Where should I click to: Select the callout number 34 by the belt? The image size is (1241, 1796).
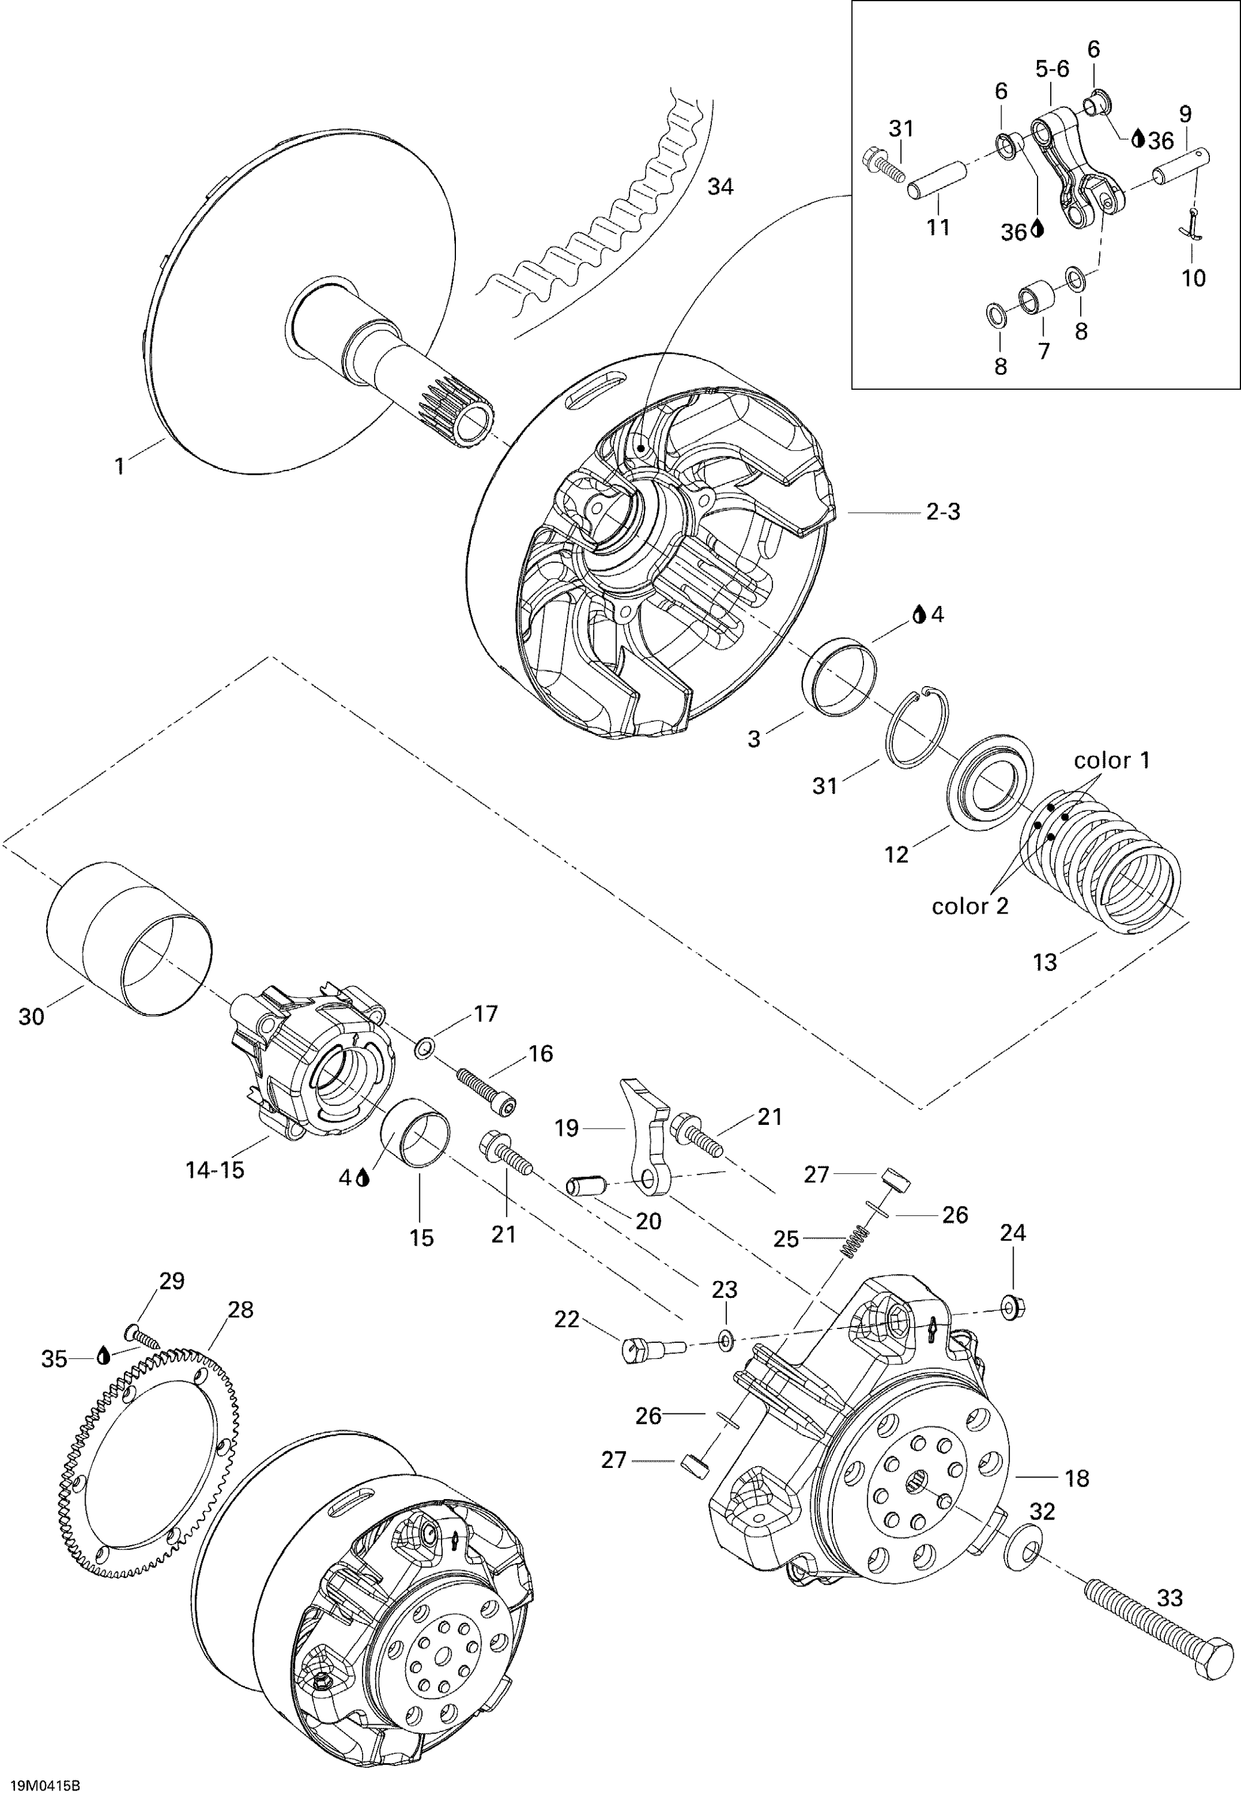coord(720,187)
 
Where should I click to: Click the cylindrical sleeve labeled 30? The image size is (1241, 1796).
coord(128,938)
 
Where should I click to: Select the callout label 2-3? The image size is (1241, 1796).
coord(942,512)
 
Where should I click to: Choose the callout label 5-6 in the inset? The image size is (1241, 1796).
coord(1052,69)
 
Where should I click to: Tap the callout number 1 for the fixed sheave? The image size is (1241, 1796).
coord(119,467)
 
